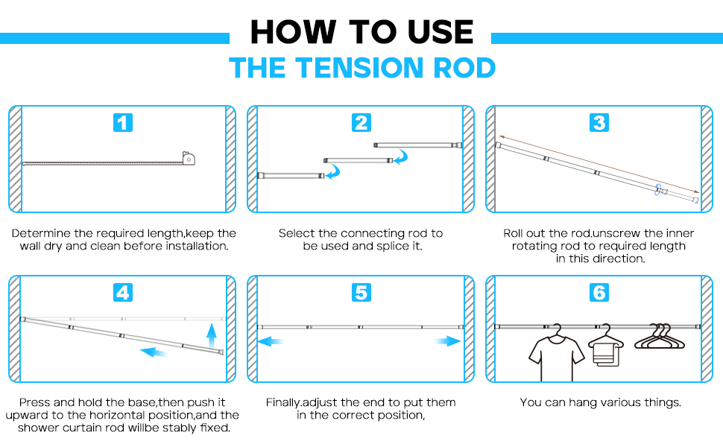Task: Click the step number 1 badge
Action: [123, 123]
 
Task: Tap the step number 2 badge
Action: [361, 123]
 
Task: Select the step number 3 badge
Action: [599, 123]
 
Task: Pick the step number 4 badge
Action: [123, 293]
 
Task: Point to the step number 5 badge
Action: [361, 293]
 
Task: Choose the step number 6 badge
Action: [599, 293]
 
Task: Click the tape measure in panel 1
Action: [192, 159]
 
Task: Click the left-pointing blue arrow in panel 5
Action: [271, 341]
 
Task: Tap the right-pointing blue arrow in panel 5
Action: [449, 341]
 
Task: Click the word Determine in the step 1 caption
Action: [44, 233]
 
